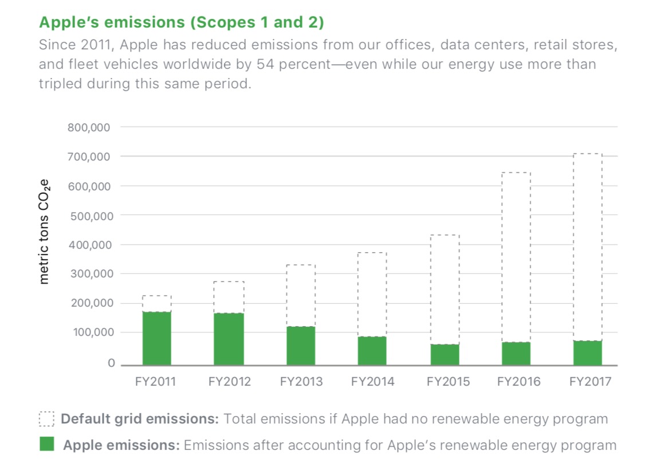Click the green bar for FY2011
coord(156,338)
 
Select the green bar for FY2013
coord(300,346)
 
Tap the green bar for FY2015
coord(445,354)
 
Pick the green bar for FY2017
coord(587,352)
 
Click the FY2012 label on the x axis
coord(229,382)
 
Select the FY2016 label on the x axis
coord(518,382)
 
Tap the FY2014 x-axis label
coord(372,382)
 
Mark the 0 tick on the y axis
coord(111,363)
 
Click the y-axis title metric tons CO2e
coord(45,232)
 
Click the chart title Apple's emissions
coord(181,22)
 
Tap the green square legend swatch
coord(46,443)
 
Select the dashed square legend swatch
coord(46,419)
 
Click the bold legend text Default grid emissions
coord(140,419)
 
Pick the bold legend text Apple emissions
coord(121,445)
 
